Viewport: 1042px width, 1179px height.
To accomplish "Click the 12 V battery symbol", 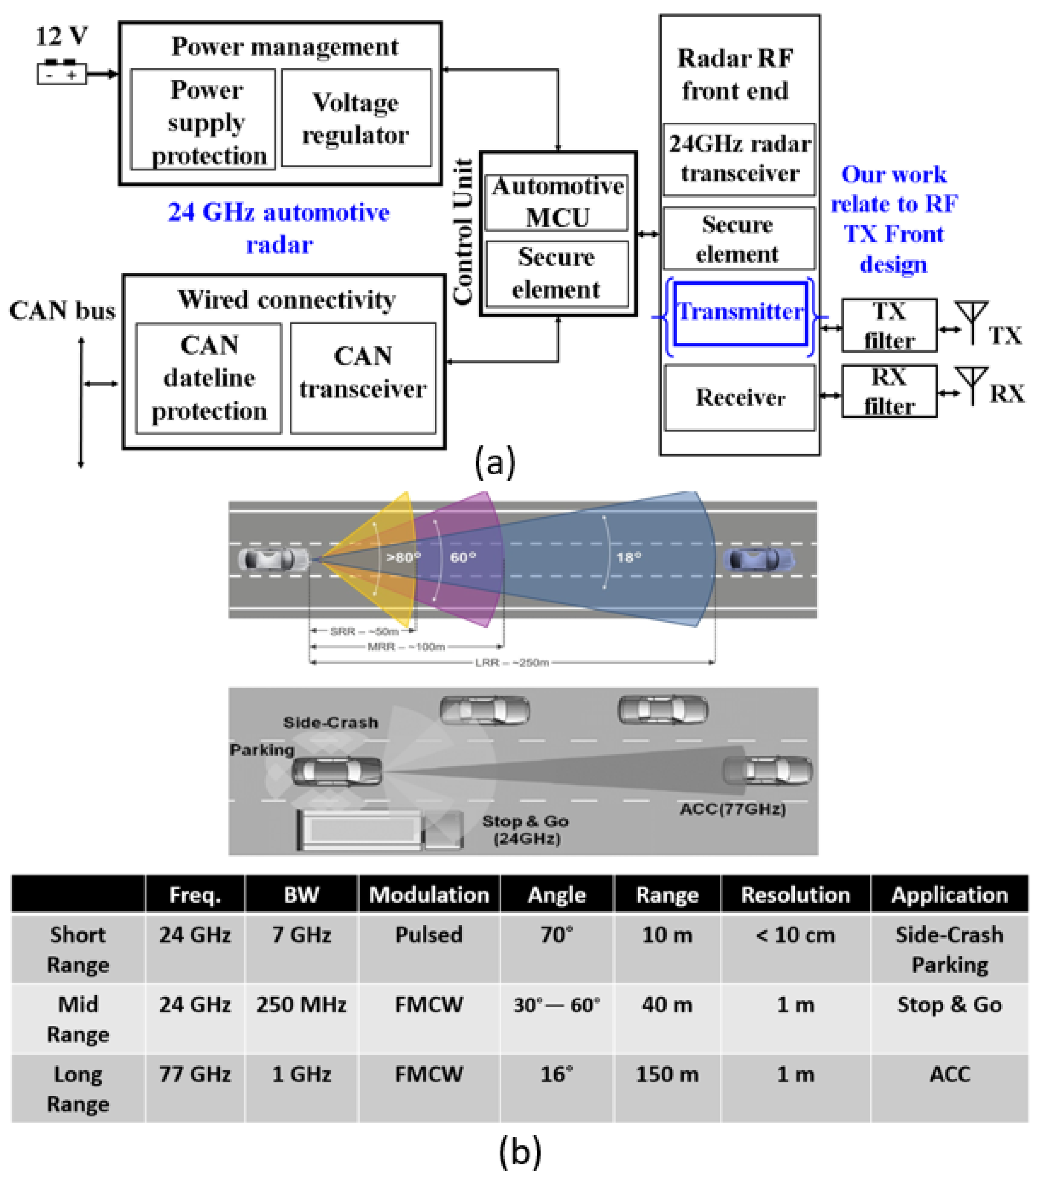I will click(62, 73).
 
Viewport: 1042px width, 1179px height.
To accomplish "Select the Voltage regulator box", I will click(356, 118).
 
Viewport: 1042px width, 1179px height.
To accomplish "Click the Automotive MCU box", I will click(557, 202).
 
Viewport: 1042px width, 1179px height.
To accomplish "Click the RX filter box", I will click(888, 391).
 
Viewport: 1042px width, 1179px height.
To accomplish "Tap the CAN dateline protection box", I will click(209, 379).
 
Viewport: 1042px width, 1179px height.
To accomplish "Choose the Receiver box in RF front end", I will click(740, 398).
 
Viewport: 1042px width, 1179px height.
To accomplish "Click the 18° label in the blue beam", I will click(629, 557).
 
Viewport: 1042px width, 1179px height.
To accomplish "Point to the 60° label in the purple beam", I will click(463, 557).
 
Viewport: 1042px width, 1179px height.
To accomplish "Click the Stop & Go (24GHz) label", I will click(525, 829).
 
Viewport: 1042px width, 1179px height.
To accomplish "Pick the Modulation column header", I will click(429, 895).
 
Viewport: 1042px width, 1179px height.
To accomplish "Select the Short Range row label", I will click(78, 949).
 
